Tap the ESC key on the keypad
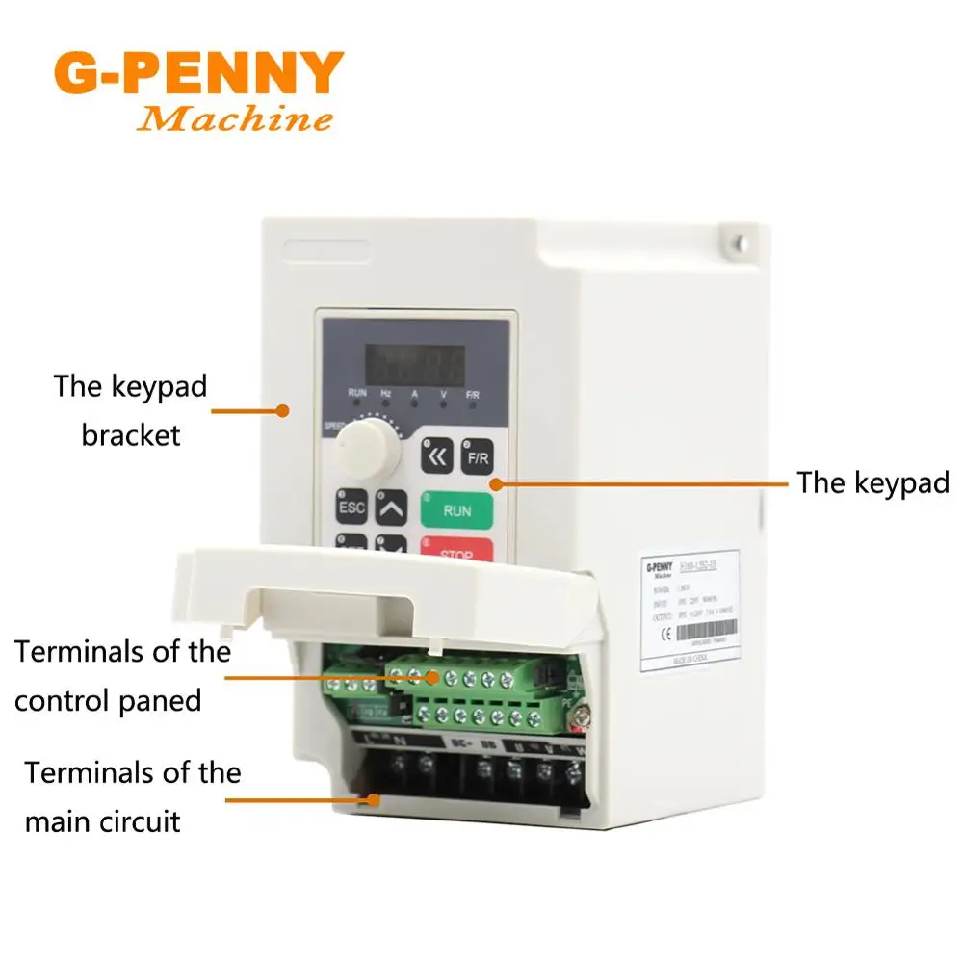click(351, 507)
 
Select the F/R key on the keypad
click(478, 457)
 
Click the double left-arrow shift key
click(436, 456)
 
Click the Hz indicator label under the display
click(385, 394)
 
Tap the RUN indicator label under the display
click(357, 394)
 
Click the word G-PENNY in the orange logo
click(198, 72)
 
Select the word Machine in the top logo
click(235, 119)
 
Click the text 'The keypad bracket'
click(131, 410)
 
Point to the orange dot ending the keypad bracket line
click(283, 410)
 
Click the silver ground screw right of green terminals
click(581, 714)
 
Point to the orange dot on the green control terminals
click(433, 677)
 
